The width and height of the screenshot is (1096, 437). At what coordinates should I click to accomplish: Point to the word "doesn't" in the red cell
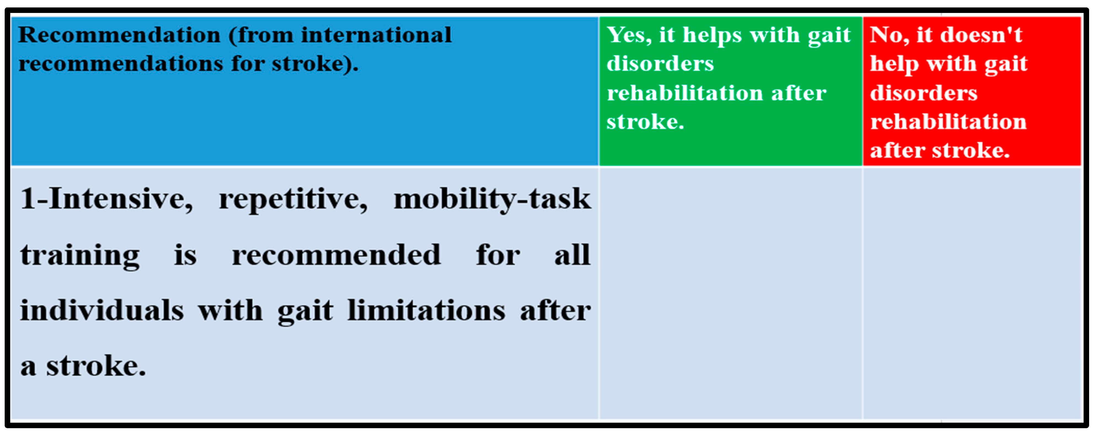pos(981,35)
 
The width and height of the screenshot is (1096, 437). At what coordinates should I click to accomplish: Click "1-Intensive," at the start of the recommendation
pos(106,199)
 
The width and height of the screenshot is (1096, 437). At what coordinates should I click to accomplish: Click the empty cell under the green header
pos(730,293)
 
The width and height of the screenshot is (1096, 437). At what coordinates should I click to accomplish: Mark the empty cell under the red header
pos(972,293)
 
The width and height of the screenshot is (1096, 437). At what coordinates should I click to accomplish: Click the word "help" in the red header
pos(894,64)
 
